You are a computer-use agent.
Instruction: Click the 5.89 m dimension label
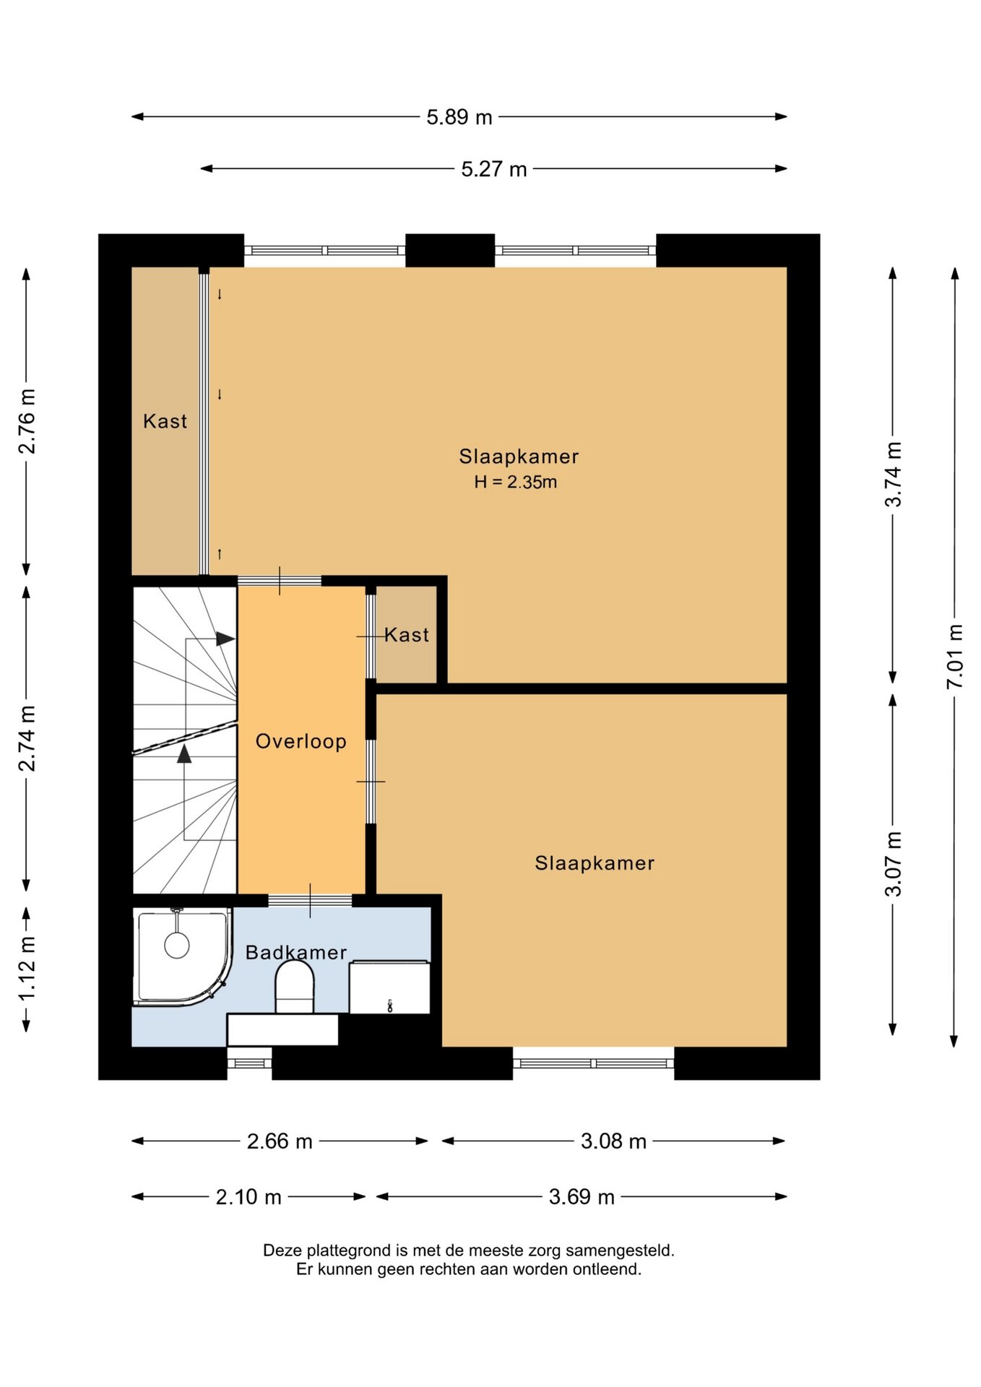pos(459,117)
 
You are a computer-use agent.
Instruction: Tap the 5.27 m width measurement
pos(494,169)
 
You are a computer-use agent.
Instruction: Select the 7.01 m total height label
pos(955,656)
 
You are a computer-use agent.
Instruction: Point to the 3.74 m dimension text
pos(894,474)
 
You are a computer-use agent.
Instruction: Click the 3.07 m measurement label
pos(894,864)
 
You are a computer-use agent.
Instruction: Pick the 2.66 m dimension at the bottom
pos(280,1141)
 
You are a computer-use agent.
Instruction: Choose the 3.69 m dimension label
pos(582,1197)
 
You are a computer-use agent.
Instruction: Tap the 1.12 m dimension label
pos(27,969)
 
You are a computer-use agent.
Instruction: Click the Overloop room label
pos(301,741)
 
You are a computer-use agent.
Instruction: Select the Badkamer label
pos(296,952)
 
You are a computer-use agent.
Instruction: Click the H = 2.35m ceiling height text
pos(516,482)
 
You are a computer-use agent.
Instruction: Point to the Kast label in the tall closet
pos(165,421)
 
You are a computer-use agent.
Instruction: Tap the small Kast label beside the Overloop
pos(407,635)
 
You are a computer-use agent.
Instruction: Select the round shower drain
pos(177,945)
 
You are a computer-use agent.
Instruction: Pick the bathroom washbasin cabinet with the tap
pos(389,987)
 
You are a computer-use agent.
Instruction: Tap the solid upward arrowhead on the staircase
pos(184,753)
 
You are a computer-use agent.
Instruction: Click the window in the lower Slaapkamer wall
pos(594,1063)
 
